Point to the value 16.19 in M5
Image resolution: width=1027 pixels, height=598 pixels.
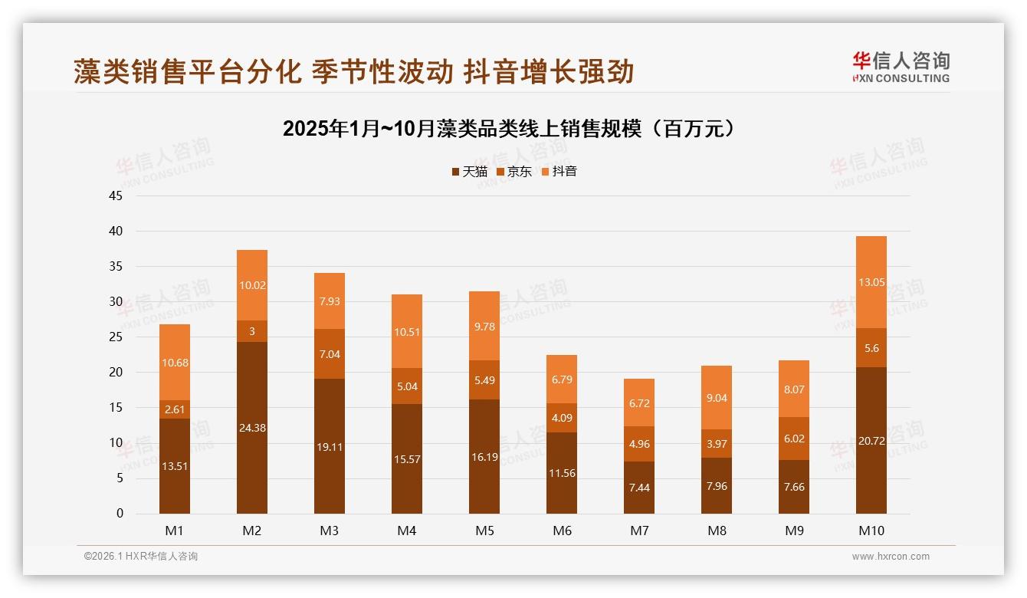[484, 457]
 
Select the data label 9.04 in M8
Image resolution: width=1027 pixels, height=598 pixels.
[717, 398]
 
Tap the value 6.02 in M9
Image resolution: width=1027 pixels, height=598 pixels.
[794, 439]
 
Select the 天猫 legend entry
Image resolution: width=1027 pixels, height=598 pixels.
[469, 172]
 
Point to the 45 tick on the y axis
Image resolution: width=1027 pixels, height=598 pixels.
[116, 195]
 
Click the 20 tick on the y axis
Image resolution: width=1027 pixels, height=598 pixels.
[116, 373]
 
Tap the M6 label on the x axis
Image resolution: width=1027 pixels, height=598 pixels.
[562, 531]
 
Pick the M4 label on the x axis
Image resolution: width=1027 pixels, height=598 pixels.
[407, 531]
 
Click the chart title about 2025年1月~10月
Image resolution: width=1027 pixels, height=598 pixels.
[509, 129]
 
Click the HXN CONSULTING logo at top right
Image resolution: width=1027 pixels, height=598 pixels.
[901, 67]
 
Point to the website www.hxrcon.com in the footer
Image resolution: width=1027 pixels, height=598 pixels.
[891, 557]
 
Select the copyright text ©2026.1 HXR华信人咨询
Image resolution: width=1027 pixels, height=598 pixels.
[141, 557]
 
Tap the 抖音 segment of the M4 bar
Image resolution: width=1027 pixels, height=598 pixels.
[407, 331]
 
